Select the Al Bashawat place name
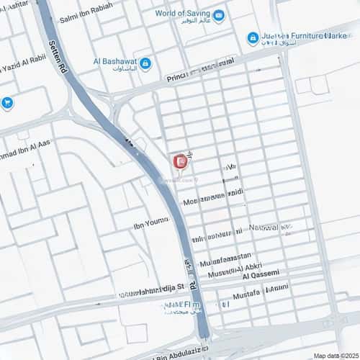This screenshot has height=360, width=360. click(114, 63)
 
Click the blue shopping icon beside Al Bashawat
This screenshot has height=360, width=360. click(145, 64)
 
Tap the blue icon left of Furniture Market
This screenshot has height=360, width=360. click(253, 37)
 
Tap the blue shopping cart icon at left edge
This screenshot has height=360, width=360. click(7, 103)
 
